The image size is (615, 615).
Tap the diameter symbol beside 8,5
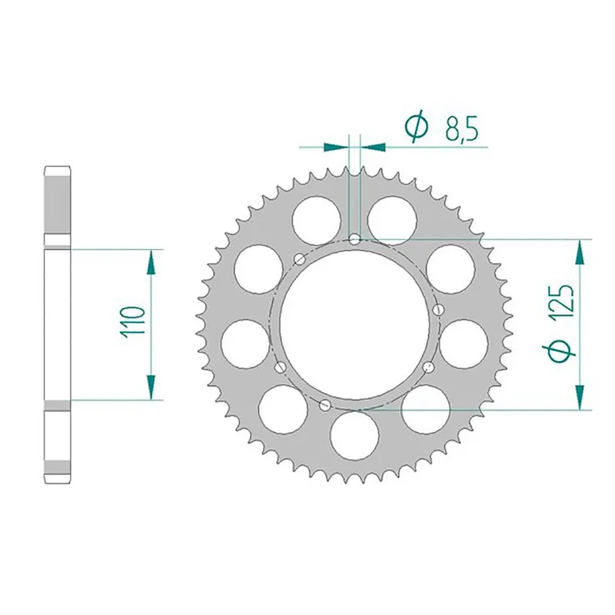(416, 128)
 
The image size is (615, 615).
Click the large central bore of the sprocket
(354, 323)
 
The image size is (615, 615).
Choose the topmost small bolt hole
(354, 240)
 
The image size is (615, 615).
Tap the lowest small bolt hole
(325, 404)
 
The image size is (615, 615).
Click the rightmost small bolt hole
(437, 309)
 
